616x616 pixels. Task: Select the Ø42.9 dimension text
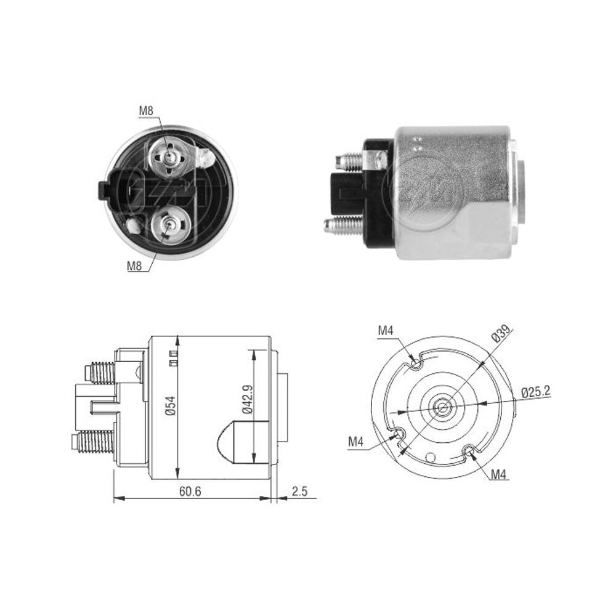[x=247, y=399]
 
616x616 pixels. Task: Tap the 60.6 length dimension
[x=190, y=491]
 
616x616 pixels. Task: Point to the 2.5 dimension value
[x=299, y=491]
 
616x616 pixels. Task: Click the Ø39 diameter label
[x=500, y=334]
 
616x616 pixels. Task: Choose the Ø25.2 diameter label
[x=536, y=392]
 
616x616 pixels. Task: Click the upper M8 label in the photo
[x=146, y=111]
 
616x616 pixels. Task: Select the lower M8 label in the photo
[x=134, y=266]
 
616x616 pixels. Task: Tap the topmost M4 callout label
[x=386, y=331]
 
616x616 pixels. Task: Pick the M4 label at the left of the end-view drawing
[x=356, y=442]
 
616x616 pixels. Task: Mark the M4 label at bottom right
[x=499, y=474]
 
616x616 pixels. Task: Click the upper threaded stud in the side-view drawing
[x=100, y=372]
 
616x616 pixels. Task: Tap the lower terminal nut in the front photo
[x=171, y=225]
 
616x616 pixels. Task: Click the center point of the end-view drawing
[x=443, y=408]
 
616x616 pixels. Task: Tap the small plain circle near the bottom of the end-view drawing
[x=431, y=457]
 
